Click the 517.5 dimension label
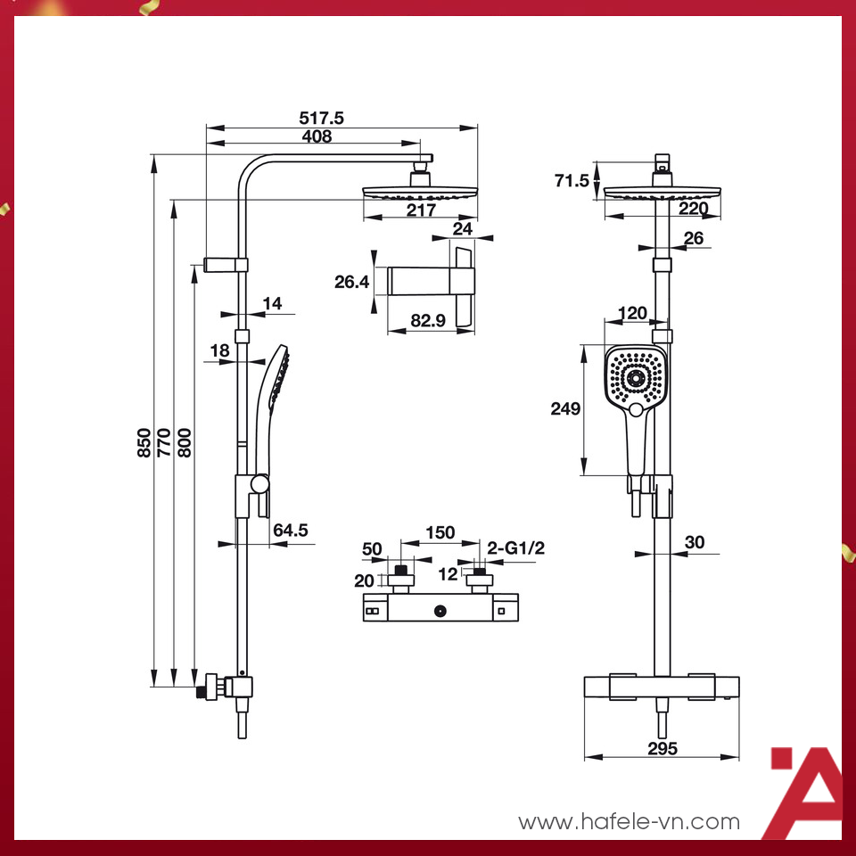pyautogui.click(x=322, y=118)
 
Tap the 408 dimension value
pyautogui.click(x=316, y=136)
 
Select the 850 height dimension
pyautogui.click(x=144, y=440)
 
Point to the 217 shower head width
pyautogui.click(x=420, y=210)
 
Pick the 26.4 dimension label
pyautogui.click(x=351, y=283)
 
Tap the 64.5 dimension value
pyautogui.click(x=290, y=531)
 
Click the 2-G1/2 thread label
pyautogui.click(x=516, y=549)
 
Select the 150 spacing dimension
pyautogui.click(x=439, y=533)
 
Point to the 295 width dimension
pyautogui.click(x=662, y=749)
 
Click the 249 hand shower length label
pyautogui.click(x=564, y=409)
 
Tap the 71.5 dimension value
pyautogui.click(x=572, y=181)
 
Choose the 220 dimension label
pyautogui.click(x=693, y=210)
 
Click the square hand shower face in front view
pyautogui.click(x=636, y=378)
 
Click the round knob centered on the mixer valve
pyautogui.click(x=439, y=612)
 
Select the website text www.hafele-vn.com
pyautogui.click(x=629, y=822)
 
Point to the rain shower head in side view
pyautogui.click(x=420, y=191)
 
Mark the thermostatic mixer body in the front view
pyautogui.click(x=662, y=687)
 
